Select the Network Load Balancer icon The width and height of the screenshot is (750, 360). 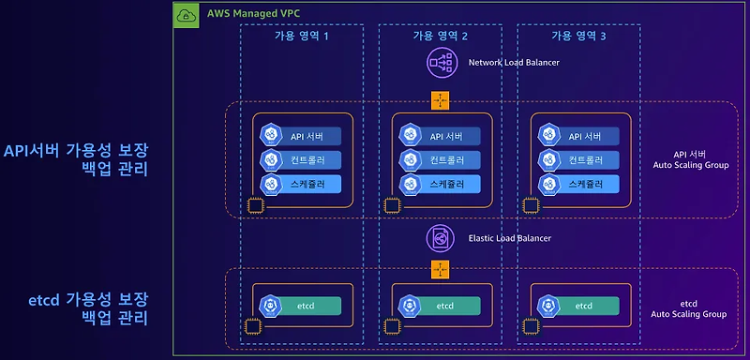point(440,62)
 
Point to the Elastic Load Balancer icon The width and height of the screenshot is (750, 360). point(440,237)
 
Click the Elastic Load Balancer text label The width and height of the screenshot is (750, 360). point(509,238)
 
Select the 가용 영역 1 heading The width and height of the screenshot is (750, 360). point(302,36)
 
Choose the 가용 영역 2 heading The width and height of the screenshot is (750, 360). point(440,36)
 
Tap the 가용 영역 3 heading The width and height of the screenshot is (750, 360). point(578,36)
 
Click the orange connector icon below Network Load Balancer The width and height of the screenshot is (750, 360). point(440,100)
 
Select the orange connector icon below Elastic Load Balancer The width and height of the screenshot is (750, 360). point(440,270)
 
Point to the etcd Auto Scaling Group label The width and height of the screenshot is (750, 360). point(688,309)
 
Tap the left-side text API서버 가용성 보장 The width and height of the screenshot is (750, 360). point(76,151)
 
